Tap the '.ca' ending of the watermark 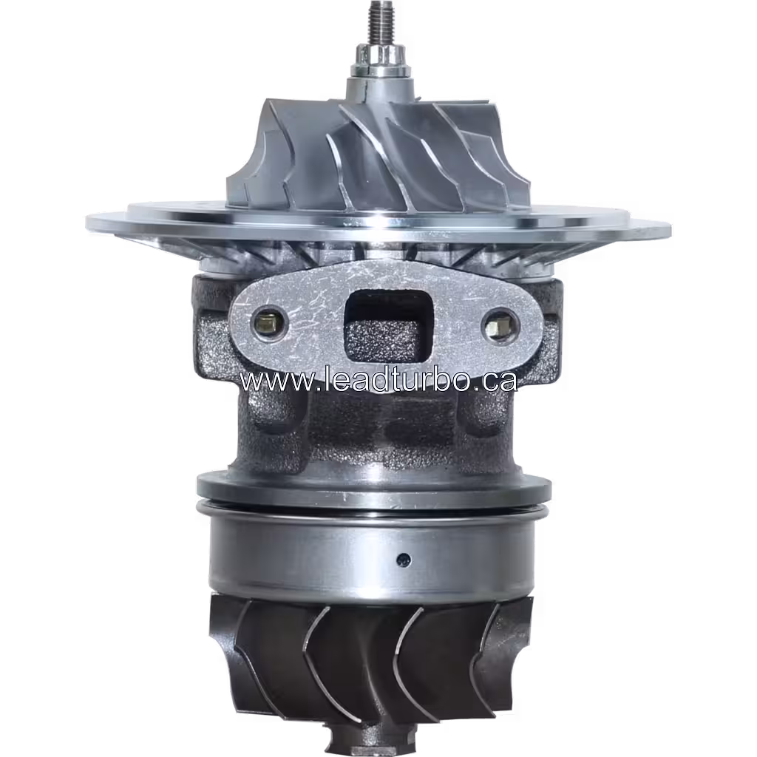[x=496, y=381]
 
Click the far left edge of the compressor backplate [x=90, y=221]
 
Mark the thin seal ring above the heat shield [x=373, y=509]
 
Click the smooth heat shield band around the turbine [x=310, y=554]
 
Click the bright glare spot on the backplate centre [x=381, y=220]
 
